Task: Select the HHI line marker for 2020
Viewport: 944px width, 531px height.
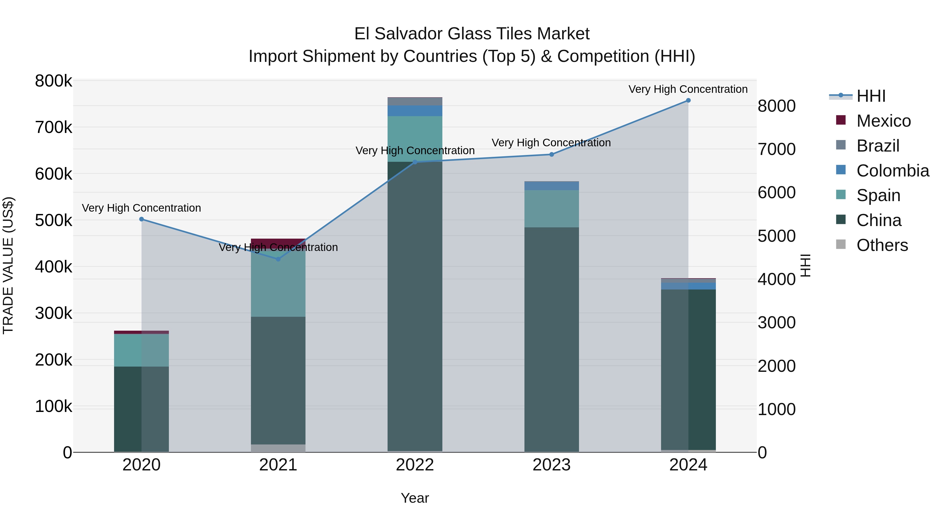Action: pyautogui.click(x=141, y=219)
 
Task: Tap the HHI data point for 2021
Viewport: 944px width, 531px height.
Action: pyautogui.click(x=278, y=259)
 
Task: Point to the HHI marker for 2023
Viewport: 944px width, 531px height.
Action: pyautogui.click(x=551, y=154)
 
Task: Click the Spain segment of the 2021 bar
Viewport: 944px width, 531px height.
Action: pyautogui.click(x=278, y=286)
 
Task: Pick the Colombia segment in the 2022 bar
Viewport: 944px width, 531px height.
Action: pyautogui.click(x=415, y=111)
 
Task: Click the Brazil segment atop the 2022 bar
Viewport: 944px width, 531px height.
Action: pyautogui.click(x=415, y=101)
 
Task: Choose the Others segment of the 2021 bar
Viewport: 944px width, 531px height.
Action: pyautogui.click(x=278, y=448)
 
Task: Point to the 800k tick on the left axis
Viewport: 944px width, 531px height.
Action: pyautogui.click(x=53, y=81)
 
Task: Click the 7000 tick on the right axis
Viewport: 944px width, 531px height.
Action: pyautogui.click(x=776, y=149)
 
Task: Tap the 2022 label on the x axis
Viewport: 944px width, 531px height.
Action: pyautogui.click(x=415, y=465)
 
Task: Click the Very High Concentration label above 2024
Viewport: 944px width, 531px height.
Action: pyautogui.click(x=688, y=89)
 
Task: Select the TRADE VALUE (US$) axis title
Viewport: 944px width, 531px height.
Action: pyautogui.click(x=8, y=265)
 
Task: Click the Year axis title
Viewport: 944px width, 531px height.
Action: pyautogui.click(x=415, y=498)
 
